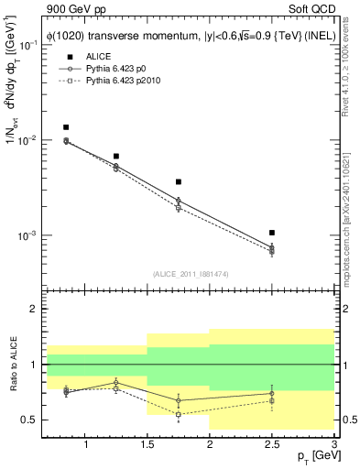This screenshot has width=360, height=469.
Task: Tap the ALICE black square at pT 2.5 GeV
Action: (272, 233)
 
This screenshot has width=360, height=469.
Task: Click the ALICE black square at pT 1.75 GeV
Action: (179, 182)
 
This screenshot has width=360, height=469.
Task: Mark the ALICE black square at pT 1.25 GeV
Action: (116, 157)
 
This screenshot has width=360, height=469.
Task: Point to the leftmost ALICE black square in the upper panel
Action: (66, 127)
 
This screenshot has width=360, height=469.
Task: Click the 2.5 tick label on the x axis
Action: (272, 445)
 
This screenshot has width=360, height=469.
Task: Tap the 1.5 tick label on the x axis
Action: (147, 445)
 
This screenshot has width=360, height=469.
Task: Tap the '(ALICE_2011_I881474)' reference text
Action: (190, 273)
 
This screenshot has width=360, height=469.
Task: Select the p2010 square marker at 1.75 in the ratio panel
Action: (179, 414)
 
